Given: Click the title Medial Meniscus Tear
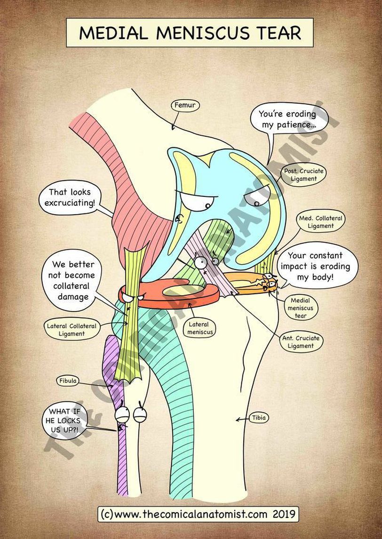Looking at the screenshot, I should tap(190, 32).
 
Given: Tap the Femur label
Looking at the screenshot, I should tap(184, 105).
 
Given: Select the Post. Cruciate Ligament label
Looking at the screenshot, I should tap(303, 175).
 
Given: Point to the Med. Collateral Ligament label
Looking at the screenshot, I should tap(321, 222).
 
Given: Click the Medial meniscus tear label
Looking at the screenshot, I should tap(301, 307).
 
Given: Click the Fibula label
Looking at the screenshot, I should tap(68, 380).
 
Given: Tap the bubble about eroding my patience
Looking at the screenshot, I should tap(287, 120).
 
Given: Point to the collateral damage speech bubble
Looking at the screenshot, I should tap(73, 280).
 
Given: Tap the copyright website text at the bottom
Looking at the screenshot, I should tap(198, 514).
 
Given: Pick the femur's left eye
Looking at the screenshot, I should tap(198, 202).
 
